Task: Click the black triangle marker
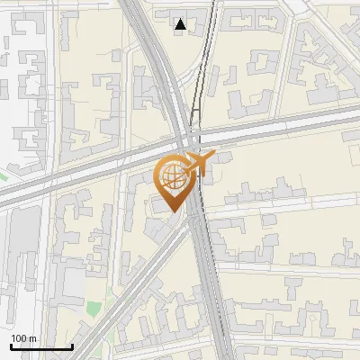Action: click(x=182, y=25)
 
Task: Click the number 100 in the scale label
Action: click(x=19, y=338)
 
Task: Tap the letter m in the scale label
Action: click(x=33, y=338)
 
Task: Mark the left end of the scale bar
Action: click(x=11, y=346)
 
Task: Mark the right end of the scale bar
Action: click(x=72, y=346)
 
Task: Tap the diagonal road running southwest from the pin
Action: click(x=135, y=270)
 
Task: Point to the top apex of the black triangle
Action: click(x=182, y=19)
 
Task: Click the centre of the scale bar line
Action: click(x=41, y=346)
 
